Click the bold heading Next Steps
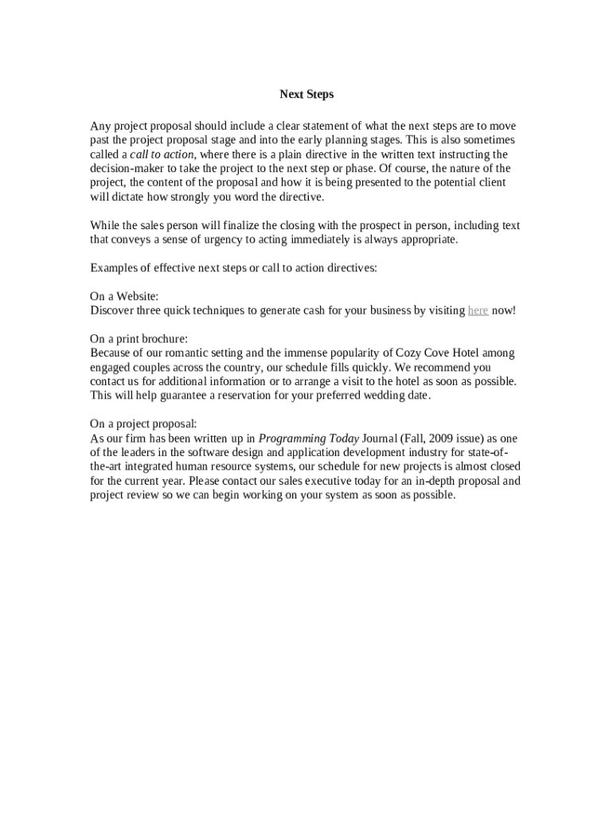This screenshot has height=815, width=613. tap(306, 95)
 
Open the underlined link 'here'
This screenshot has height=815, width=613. tap(478, 310)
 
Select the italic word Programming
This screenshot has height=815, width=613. tap(290, 438)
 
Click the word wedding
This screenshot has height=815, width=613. tap(381, 396)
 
